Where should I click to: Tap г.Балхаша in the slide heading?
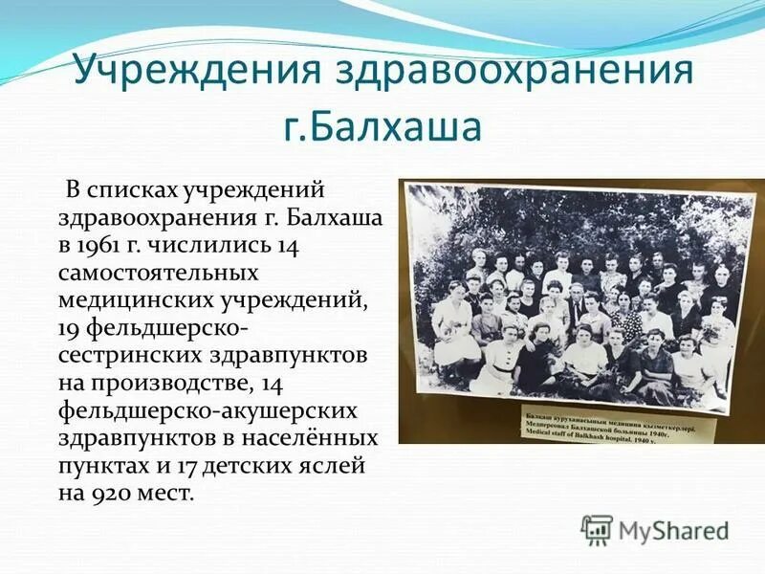point(382,126)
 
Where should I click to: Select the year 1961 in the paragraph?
point(110,246)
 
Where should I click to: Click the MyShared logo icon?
point(597,530)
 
